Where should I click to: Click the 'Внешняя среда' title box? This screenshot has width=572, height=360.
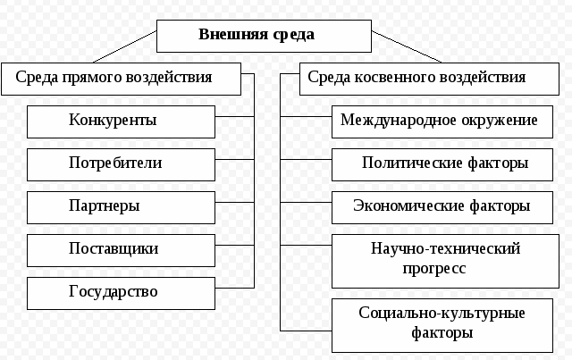click(x=265, y=37)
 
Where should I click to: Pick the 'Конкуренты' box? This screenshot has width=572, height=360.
click(x=122, y=120)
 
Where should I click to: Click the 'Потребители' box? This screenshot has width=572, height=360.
click(x=122, y=163)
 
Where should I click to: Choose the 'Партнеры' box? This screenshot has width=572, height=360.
click(x=122, y=206)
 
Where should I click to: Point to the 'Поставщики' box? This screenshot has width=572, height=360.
click(x=122, y=249)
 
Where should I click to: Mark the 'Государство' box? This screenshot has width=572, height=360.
click(x=122, y=292)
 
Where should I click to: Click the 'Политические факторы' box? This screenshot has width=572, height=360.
click(x=444, y=163)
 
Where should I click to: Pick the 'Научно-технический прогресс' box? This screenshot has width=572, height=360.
click(x=444, y=259)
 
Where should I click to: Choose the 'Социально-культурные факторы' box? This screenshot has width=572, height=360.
click(x=444, y=324)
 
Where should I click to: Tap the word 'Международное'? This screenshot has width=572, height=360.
click(x=387, y=120)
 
